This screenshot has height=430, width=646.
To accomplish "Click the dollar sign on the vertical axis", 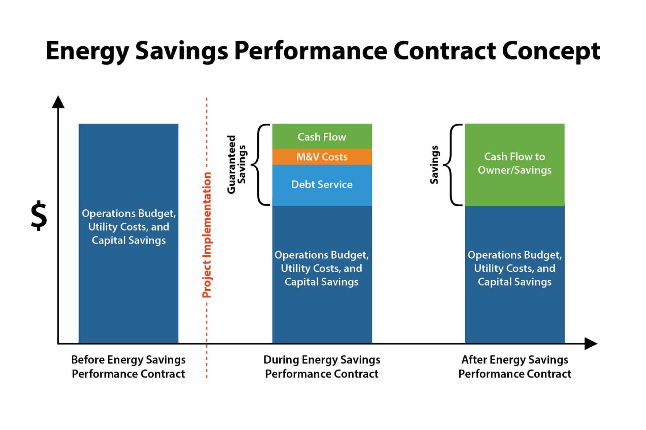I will pyautogui.click(x=39, y=216).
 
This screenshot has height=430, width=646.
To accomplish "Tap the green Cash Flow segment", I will pyautogui.click(x=322, y=137).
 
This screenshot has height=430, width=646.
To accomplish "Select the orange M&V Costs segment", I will pyautogui.click(x=322, y=157).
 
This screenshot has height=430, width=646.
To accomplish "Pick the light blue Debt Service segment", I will pyautogui.click(x=322, y=184).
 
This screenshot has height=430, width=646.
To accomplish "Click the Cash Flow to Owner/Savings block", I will pyautogui.click(x=514, y=164).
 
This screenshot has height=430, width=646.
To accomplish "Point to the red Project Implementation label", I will pyautogui.click(x=207, y=235).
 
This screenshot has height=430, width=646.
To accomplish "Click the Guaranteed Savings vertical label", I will pyautogui.click(x=236, y=165).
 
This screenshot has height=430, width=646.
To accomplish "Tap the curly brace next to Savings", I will pyautogui.click(x=453, y=165).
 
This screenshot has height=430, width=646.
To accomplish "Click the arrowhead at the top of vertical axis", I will pyautogui.click(x=58, y=102).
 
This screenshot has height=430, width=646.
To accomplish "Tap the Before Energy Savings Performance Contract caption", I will pyautogui.click(x=128, y=367).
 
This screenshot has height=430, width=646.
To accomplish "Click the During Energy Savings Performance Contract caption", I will pyautogui.click(x=322, y=367).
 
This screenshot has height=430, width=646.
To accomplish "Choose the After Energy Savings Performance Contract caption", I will pyautogui.click(x=514, y=367).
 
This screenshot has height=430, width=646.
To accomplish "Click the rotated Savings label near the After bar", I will pyautogui.click(x=434, y=165).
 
